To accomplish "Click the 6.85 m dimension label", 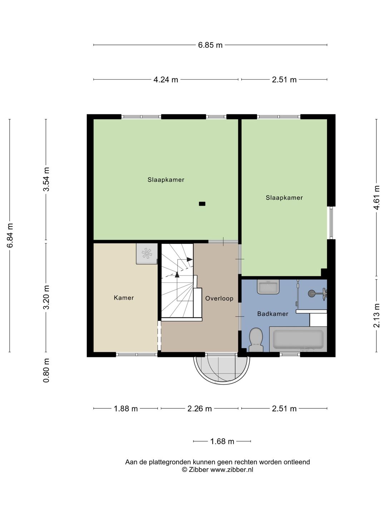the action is pyautogui.click(x=210, y=45).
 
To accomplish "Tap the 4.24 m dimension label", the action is pyautogui.click(x=166, y=80).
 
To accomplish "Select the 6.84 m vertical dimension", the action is pyautogui.click(x=10, y=235).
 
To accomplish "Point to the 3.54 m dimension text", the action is pyautogui.click(x=46, y=179).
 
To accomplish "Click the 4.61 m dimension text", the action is pyautogui.click(x=376, y=198).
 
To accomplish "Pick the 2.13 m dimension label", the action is pyautogui.click(x=376, y=316).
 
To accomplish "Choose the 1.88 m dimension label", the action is pyautogui.click(x=125, y=409).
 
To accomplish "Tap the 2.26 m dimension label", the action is pyautogui.click(x=199, y=409).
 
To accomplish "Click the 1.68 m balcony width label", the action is pyautogui.click(x=222, y=442).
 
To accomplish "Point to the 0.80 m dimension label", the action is pyautogui.click(x=46, y=371).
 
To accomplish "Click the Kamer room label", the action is pyautogui.click(x=124, y=298).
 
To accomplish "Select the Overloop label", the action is pyautogui.click(x=219, y=298).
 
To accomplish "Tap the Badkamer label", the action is pyautogui.click(x=273, y=314).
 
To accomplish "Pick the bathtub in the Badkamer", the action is pyautogui.click(x=298, y=339).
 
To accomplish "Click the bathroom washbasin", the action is pyautogui.click(x=268, y=287).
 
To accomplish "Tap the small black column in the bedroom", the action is pyautogui.click(x=202, y=204).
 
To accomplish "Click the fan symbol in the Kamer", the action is pyautogui.click(x=147, y=253).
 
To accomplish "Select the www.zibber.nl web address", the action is pyautogui.click(x=232, y=469).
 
